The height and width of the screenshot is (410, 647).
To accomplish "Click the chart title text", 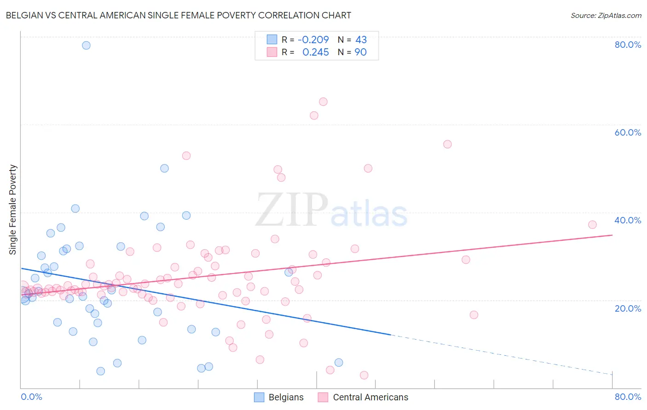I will (178, 16).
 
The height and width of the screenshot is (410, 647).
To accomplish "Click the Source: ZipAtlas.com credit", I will (606, 16).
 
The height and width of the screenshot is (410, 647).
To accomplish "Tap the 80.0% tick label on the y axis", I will (628, 45).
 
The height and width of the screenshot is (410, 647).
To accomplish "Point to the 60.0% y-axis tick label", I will (628, 132).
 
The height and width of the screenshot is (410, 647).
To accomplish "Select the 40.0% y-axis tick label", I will (628, 220).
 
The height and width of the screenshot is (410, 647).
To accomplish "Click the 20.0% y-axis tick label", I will (628, 308).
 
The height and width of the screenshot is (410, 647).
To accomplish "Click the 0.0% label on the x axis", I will (31, 397).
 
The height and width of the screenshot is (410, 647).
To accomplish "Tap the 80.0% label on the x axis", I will (628, 397).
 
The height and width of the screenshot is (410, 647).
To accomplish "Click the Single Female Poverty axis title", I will (13, 210).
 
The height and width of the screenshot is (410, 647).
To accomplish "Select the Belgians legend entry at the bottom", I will (279, 397).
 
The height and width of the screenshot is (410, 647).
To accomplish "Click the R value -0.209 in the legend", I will (313, 40).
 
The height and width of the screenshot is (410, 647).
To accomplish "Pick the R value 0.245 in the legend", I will (315, 52).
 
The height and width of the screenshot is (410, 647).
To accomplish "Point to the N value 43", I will (361, 40).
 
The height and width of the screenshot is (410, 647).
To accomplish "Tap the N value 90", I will (361, 52).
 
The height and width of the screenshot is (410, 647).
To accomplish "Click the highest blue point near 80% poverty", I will (86, 45).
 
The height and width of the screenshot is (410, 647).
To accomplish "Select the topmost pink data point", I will (323, 102).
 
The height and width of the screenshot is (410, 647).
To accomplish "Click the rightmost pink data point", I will (592, 225).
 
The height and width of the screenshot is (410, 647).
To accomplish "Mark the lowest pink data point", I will (364, 375).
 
